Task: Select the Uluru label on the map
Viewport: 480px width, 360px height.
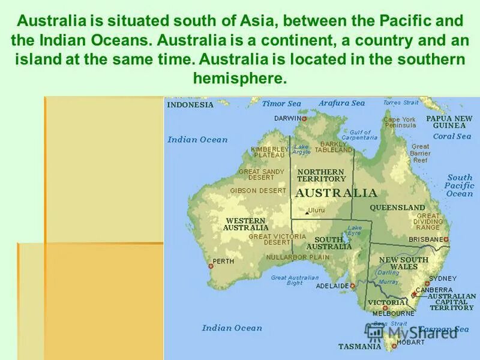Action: click(x=316, y=210)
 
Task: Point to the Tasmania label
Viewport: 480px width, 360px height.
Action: click(x=359, y=346)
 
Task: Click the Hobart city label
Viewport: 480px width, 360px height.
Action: click(x=410, y=342)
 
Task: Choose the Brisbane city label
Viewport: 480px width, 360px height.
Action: click(x=425, y=239)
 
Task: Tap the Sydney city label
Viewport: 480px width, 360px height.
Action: click(x=443, y=278)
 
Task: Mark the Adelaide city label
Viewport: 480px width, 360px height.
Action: click(x=332, y=286)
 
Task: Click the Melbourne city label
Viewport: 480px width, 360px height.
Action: click(x=393, y=313)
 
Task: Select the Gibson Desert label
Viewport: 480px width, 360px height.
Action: click(x=258, y=191)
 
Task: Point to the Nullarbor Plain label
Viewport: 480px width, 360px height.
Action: click(x=298, y=257)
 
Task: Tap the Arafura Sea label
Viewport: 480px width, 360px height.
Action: click(x=341, y=103)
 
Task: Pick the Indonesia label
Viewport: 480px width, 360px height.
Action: click(x=190, y=104)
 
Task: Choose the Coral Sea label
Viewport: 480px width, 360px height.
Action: click(x=452, y=136)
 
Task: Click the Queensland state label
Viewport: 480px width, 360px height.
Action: click(x=397, y=208)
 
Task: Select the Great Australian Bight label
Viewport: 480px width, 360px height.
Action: click(x=295, y=280)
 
